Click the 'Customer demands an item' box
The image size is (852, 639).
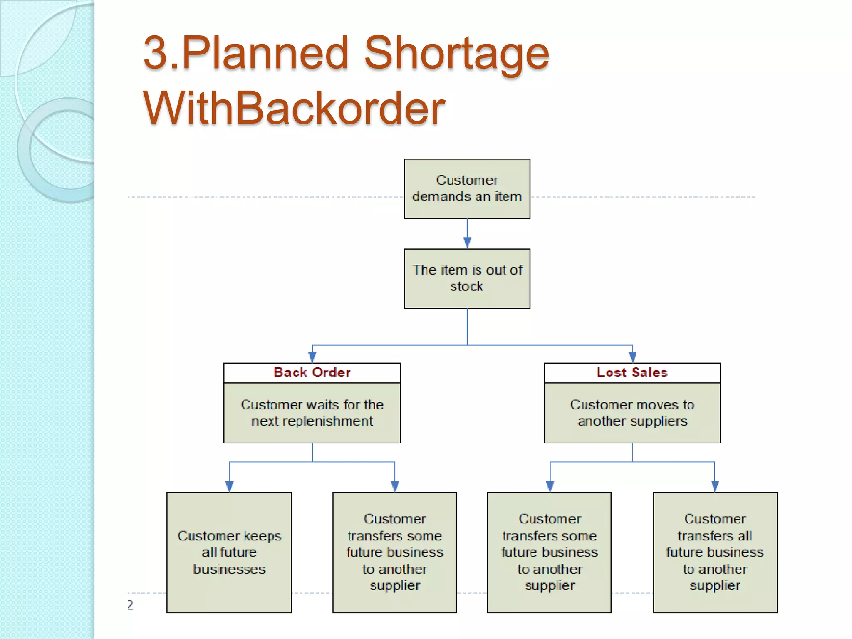click(467, 188)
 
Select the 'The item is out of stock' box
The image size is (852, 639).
click(467, 278)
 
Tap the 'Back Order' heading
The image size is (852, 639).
click(312, 372)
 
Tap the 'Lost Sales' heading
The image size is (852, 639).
click(632, 372)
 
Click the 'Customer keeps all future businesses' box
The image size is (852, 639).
click(229, 552)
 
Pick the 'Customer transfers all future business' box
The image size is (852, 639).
click(715, 552)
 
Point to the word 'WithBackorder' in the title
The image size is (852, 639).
click(294, 108)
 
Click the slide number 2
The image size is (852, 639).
click(130, 604)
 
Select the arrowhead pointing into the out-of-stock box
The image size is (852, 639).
click(467, 243)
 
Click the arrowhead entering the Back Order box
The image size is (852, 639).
click(312, 357)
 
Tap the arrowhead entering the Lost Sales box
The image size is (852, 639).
click(632, 357)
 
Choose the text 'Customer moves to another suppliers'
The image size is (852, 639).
click(632, 413)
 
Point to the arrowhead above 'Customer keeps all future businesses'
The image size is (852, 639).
click(230, 486)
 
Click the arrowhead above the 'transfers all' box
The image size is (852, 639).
click(715, 486)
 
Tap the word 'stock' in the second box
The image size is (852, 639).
click(467, 287)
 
